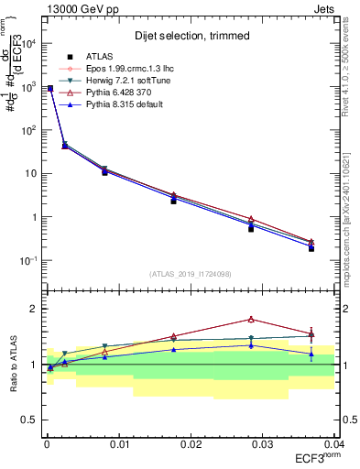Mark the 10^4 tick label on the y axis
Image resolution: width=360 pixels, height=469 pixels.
[29, 43]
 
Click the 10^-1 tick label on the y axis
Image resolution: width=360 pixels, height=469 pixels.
[29, 261]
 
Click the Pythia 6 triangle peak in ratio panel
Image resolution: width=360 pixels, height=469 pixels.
[251, 319]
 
